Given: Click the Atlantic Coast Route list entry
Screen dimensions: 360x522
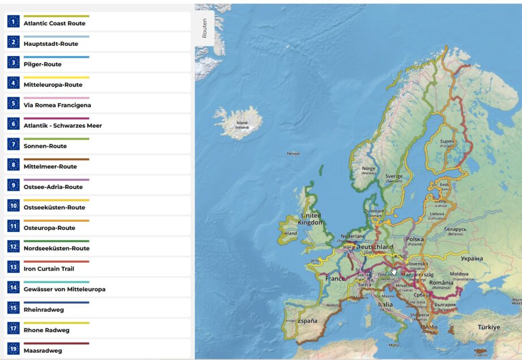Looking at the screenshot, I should coord(54,24).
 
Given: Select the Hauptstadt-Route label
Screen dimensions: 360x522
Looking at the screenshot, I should coord(51,44).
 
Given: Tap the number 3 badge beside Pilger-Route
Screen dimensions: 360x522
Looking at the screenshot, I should coord(14,62).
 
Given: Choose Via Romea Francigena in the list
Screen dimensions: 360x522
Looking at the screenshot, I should coord(57,105).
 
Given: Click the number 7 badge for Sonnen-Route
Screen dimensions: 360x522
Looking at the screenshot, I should coord(14,144).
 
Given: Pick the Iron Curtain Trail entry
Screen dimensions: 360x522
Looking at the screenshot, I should coord(49,269).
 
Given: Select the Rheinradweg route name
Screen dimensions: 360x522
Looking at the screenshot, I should coord(43,310).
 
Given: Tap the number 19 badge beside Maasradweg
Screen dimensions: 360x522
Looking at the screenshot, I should coord(14,349).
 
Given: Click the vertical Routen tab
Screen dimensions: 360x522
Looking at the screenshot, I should coord(204,28).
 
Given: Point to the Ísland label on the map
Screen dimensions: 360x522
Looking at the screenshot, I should coord(242,123).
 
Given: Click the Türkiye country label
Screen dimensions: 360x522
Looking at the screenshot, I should coord(488,327).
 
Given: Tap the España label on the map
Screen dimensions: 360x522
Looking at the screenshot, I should coord(307,321).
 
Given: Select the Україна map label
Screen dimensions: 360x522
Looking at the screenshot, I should coord(471,258).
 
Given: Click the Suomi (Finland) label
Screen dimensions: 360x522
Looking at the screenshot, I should coord(447,142).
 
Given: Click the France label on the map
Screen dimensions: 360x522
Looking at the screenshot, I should coord(335,278).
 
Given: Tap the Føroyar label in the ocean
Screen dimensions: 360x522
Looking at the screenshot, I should coord(293,153).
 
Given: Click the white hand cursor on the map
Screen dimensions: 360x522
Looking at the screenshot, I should coord(394,271).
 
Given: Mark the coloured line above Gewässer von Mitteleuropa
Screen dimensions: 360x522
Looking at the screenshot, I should coord(56,282).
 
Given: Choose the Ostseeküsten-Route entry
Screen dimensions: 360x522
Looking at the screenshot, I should coord(54,208).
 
